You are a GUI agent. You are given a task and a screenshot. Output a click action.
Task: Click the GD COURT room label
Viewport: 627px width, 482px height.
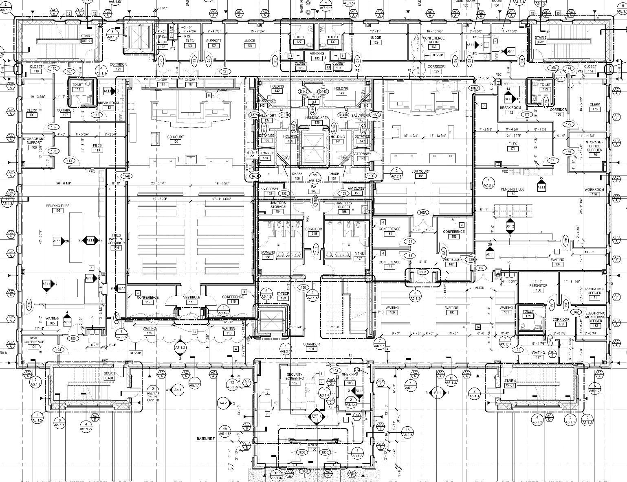(x=176, y=137)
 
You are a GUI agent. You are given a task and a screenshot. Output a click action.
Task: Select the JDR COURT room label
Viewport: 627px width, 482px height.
(x=421, y=171)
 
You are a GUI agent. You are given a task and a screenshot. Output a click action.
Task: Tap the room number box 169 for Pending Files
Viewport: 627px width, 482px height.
(x=513, y=194)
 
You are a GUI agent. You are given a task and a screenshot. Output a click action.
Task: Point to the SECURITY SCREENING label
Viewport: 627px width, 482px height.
(x=295, y=377)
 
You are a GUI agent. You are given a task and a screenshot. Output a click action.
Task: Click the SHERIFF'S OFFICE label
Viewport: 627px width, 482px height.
(x=350, y=376)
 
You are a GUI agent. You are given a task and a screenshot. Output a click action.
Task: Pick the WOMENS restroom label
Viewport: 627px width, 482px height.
(x=268, y=253)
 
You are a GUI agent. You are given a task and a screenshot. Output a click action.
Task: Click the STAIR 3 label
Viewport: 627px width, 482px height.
(x=109, y=373)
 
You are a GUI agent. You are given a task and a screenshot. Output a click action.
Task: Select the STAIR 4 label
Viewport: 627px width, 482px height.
(x=510, y=381)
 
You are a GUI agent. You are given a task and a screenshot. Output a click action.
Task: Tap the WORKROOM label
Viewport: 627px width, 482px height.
(x=594, y=190)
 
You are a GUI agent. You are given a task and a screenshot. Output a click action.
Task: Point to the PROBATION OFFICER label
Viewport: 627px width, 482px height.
(x=594, y=291)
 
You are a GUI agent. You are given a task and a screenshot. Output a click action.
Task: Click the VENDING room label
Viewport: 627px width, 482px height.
(x=317, y=53)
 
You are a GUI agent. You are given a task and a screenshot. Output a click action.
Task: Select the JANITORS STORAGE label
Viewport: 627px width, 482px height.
(x=278, y=205)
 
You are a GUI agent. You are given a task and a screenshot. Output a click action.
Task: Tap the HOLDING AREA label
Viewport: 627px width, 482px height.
(x=317, y=118)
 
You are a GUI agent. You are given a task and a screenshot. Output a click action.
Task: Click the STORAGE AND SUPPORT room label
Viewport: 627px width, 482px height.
(x=34, y=141)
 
